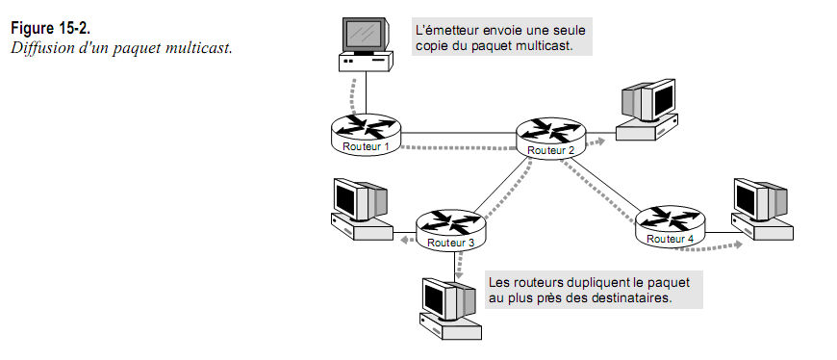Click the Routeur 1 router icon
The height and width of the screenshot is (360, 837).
coord(366,134)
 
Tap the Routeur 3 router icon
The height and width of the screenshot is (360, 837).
coord(451,229)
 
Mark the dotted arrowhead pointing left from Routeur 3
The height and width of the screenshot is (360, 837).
coord(397,249)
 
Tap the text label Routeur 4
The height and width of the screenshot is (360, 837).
coord(669,238)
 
